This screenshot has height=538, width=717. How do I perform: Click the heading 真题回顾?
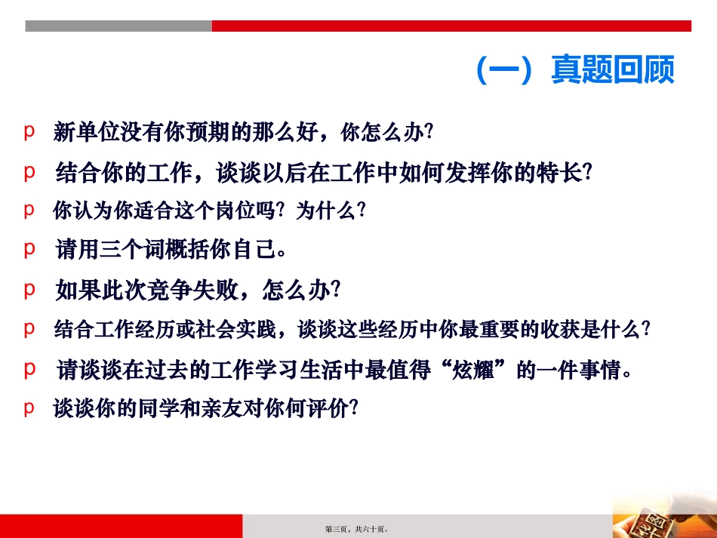click(612, 71)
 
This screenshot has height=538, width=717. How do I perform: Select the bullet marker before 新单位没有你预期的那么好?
click(29, 131)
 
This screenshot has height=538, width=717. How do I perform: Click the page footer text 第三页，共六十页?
click(357, 530)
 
